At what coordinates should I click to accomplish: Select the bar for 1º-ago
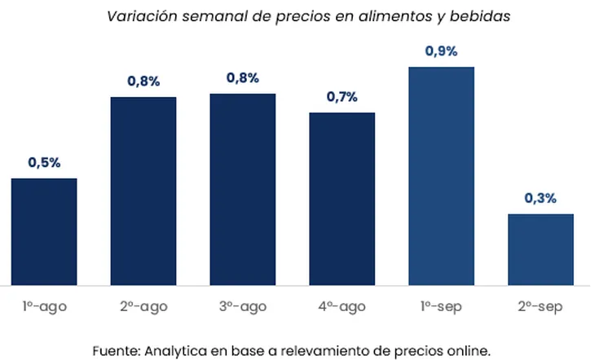click(44, 232)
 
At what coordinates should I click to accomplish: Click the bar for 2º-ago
click(143, 191)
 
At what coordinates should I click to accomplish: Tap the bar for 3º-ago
click(242, 190)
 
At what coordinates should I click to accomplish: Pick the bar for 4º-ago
click(342, 200)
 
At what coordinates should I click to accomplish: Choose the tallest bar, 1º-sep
click(441, 176)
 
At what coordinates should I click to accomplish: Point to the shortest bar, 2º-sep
click(540, 249)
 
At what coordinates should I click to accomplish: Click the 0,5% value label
click(44, 163)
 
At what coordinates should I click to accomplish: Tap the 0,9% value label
click(441, 51)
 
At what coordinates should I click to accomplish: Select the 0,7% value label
click(342, 98)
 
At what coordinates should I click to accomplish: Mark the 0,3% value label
click(540, 198)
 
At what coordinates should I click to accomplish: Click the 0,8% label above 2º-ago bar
click(143, 81)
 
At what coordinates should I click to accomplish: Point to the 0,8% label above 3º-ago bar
click(242, 78)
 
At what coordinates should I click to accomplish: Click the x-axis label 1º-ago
click(44, 308)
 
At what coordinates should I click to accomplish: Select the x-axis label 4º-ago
click(342, 308)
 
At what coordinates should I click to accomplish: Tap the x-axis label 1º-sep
click(441, 308)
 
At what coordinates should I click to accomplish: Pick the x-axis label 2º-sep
click(540, 308)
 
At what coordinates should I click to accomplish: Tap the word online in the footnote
click(469, 351)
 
